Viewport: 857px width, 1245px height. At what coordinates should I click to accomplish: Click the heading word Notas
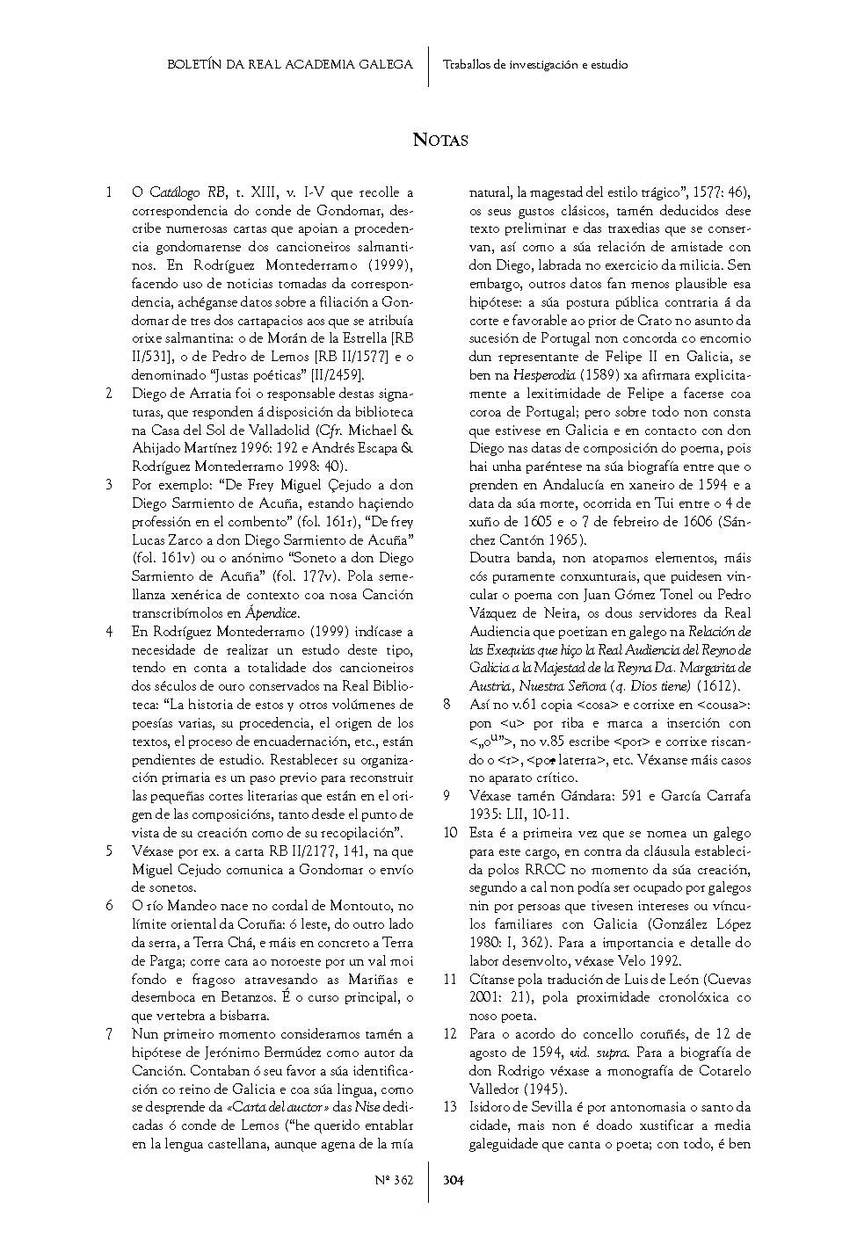point(440,140)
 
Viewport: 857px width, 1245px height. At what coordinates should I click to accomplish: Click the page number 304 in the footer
point(454,1180)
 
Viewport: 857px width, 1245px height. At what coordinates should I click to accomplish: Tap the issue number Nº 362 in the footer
point(394,1180)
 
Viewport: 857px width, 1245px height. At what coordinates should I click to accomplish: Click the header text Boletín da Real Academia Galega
point(290,64)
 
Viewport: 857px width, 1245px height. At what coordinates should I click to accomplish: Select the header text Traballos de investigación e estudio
point(535,64)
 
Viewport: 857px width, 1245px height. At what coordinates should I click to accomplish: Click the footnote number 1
point(109,192)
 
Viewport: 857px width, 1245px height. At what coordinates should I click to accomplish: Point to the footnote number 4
point(109,632)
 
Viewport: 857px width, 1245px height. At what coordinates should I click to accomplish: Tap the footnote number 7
point(109,1034)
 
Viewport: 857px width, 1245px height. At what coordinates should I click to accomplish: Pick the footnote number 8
point(447,705)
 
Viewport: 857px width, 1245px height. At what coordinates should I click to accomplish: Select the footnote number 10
point(450,833)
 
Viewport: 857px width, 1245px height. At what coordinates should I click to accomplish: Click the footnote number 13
point(450,1107)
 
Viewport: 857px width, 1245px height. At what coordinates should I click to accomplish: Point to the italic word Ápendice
point(272,614)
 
